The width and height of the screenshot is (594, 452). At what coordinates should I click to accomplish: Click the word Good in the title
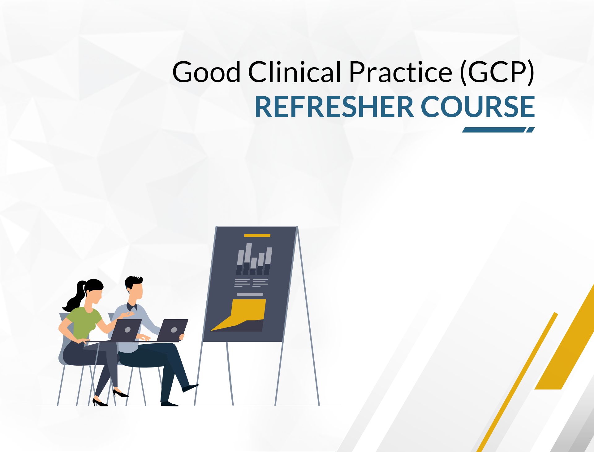point(206,72)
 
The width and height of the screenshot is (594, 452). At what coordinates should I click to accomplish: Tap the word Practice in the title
point(401,72)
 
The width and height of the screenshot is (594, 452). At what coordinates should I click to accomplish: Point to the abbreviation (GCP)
point(497,72)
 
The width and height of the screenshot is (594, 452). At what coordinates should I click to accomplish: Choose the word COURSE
point(478,107)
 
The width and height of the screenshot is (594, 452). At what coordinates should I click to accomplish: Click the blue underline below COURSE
point(495,130)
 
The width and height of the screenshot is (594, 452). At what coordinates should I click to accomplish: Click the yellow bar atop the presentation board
point(257,236)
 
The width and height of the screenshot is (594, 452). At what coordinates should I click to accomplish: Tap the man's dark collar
point(131,307)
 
